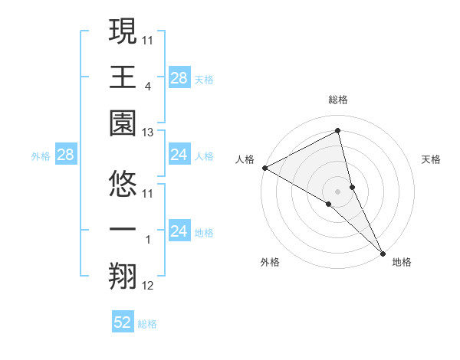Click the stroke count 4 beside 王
pyautogui.click(x=147, y=87)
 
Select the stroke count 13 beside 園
pyautogui.click(x=148, y=133)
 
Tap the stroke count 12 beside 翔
pyautogui.click(x=148, y=286)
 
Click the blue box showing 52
pyautogui.click(x=123, y=323)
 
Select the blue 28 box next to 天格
pyautogui.click(x=179, y=77)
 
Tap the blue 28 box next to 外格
pyautogui.click(x=65, y=155)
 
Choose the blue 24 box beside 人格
pyautogui.click(x=179, y=155)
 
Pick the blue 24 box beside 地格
pyautogui.click(x=179, y=231)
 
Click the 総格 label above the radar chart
pyautogui.click(x=338, y=100)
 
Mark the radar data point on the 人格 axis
pyautogui.click(x=264, y=168)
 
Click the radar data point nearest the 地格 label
pyautogui.click(x=383, y=253)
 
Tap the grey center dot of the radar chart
pyautogui.click(x=338, y=191)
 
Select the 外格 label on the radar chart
pyautogui.click(x=270, y=262)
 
